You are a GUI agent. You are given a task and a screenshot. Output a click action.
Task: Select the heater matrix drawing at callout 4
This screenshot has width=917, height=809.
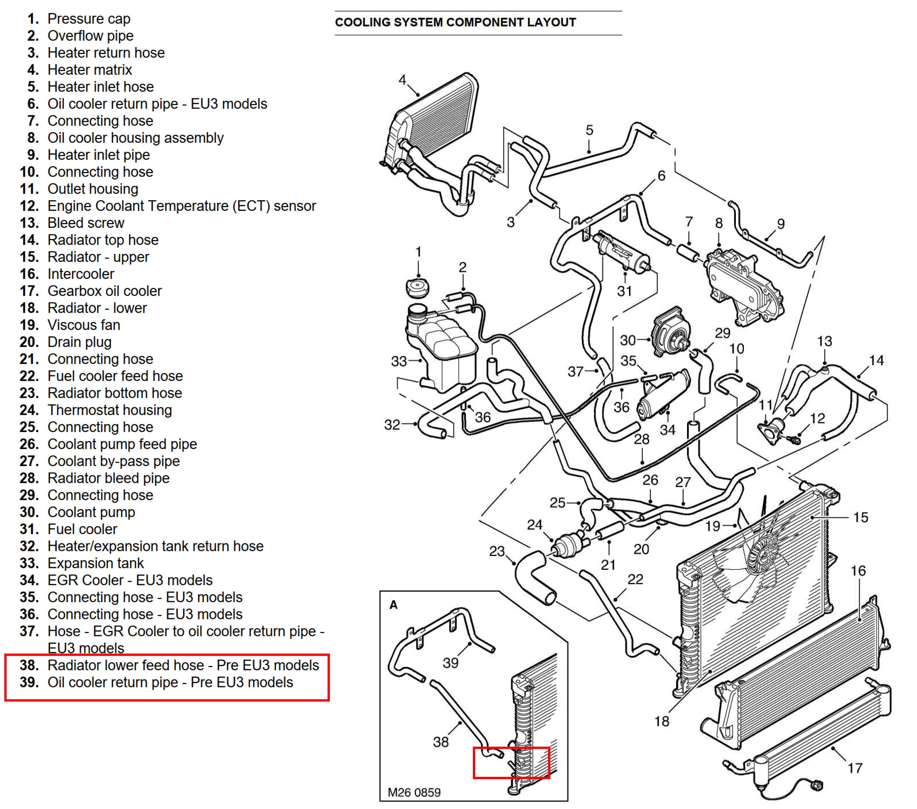pos(431,121)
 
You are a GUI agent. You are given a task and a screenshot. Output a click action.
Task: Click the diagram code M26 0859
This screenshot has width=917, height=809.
pos(414,792)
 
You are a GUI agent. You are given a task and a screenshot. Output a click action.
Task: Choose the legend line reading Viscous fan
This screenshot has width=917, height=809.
pos(84,325)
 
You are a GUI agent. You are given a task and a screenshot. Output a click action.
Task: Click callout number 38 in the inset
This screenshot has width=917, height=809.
pos(440,742)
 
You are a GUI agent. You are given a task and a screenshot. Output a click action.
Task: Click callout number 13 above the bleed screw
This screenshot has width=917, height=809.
pos(825,341)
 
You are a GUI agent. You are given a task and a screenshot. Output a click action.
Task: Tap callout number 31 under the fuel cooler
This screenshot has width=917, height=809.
pos(624,291)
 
